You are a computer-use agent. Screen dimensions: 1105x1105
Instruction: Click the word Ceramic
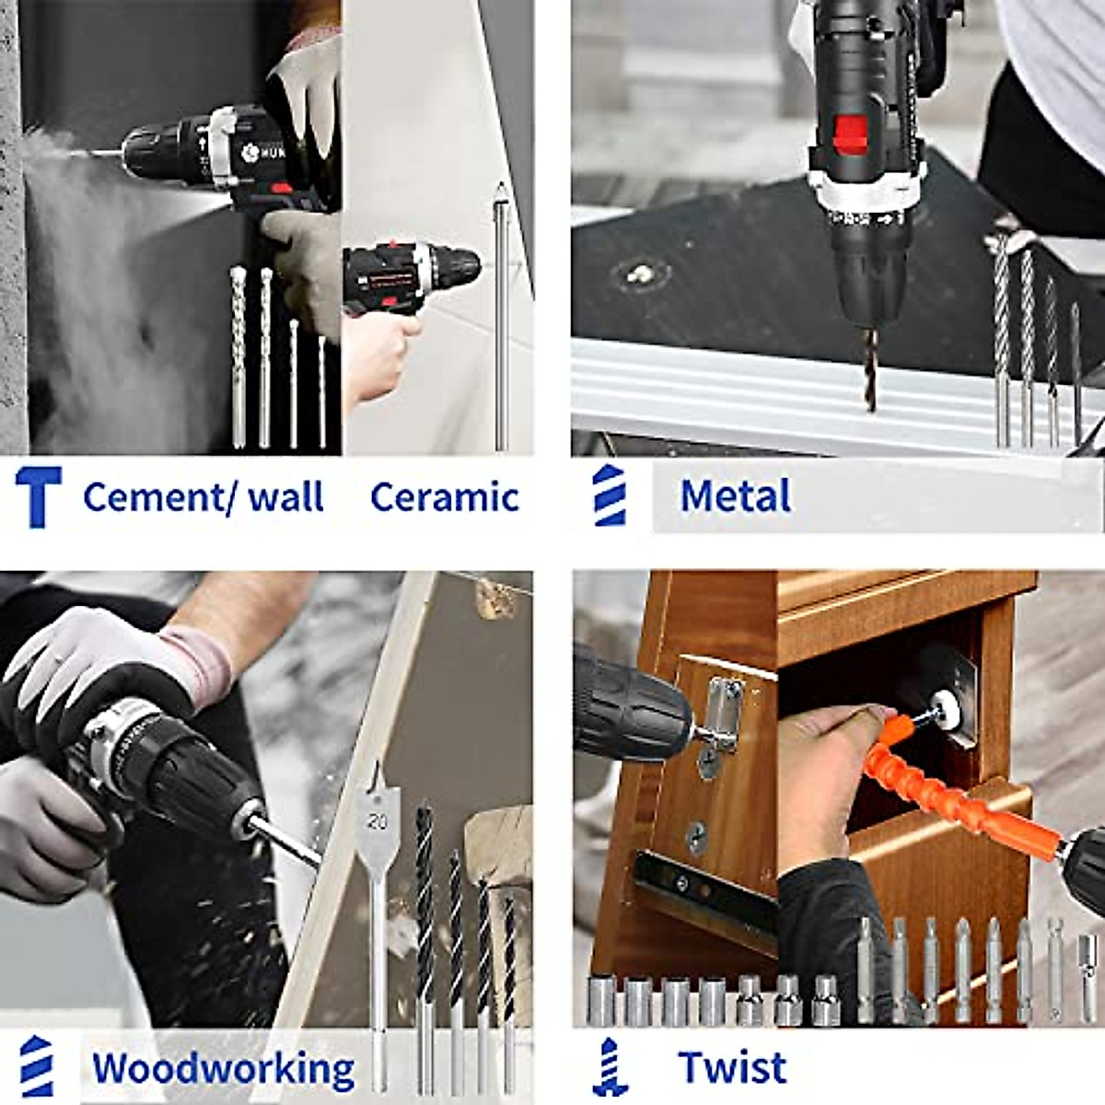445,497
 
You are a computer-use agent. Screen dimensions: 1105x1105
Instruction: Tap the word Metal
735,496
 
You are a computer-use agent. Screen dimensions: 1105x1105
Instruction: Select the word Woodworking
223,1069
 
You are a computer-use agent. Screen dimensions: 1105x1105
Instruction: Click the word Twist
732,1068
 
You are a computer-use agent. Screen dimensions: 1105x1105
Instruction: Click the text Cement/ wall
203,497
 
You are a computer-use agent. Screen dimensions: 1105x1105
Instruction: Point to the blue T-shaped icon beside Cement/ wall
39,496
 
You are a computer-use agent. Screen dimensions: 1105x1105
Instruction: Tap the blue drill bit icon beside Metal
610,495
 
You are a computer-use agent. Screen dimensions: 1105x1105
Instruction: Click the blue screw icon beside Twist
610,1067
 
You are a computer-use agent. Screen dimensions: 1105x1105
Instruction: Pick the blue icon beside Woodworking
37,1066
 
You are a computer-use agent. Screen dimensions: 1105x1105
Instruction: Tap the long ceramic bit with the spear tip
501,313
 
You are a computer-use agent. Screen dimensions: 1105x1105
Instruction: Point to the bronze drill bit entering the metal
869,368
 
